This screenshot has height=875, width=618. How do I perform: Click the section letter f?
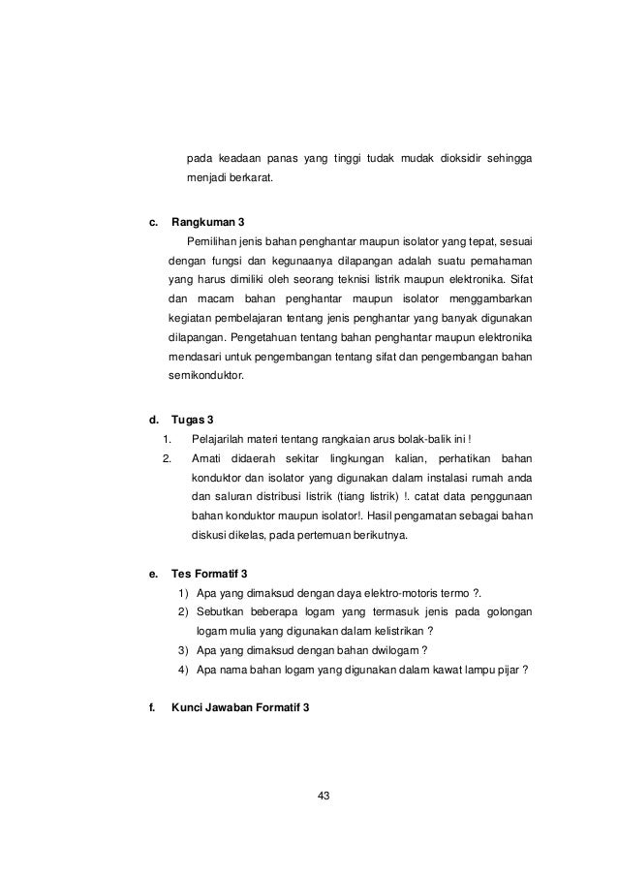tap(151, 707)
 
